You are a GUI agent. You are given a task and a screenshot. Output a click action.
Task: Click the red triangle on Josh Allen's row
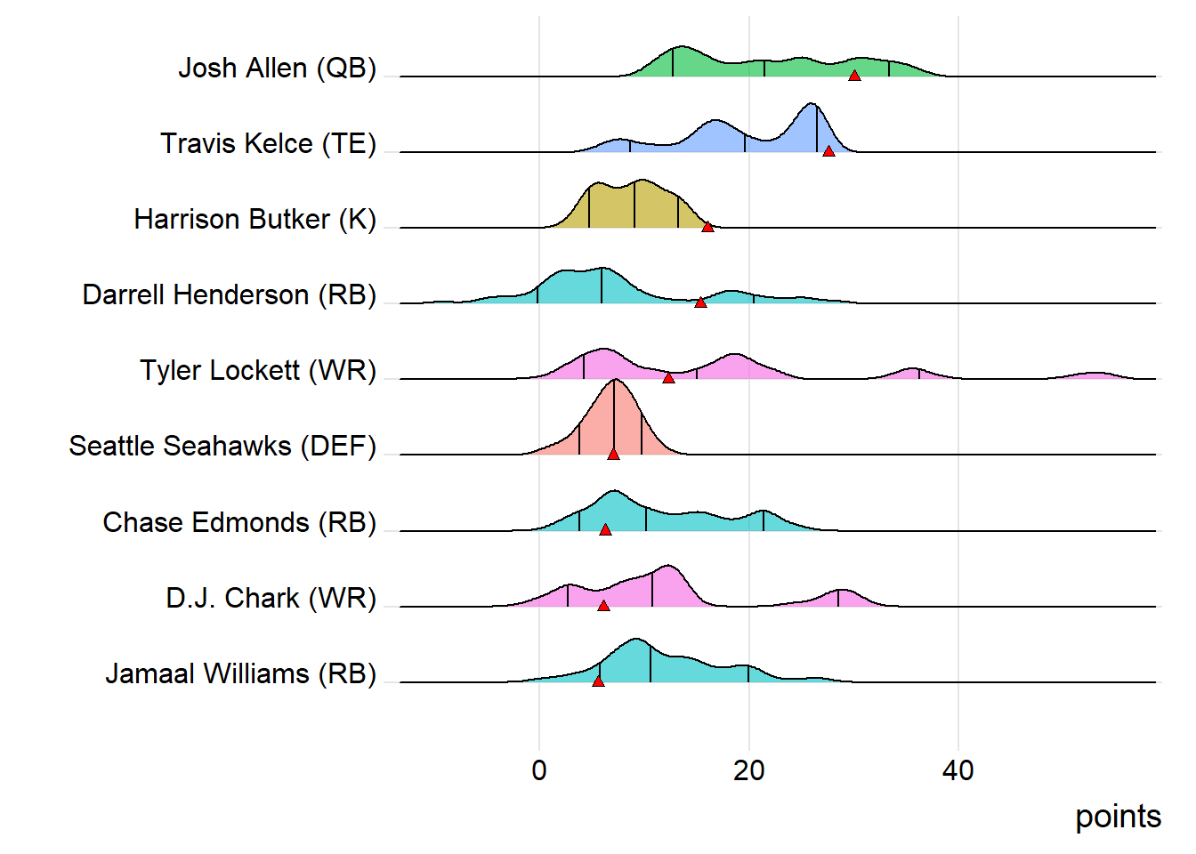854,76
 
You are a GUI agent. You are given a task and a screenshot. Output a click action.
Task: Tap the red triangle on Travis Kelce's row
828,151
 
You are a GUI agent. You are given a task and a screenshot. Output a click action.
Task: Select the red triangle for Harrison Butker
707,227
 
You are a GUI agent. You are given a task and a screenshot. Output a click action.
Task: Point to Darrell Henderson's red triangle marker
700,302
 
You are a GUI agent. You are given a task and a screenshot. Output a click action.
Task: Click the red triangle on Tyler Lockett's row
668,378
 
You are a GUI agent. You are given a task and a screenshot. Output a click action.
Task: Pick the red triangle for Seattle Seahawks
613,454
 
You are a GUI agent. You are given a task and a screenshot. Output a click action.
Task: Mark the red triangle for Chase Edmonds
605,529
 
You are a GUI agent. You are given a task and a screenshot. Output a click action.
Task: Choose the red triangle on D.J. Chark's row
603,605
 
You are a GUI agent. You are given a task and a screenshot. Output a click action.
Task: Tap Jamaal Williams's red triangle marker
598,681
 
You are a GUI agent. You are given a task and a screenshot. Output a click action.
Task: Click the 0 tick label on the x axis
539,770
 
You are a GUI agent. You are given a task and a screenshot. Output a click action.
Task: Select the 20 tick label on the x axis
748,770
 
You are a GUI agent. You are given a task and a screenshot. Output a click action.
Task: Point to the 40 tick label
958,770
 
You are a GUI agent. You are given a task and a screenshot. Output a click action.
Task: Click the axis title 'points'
1118,817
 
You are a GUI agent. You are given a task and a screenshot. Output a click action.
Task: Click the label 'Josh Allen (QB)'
277,68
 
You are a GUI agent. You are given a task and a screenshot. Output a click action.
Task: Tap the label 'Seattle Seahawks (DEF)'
222,446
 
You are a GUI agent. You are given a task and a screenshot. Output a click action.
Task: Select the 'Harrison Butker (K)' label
255,219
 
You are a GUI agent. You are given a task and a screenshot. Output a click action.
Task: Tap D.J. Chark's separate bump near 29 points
841,592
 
